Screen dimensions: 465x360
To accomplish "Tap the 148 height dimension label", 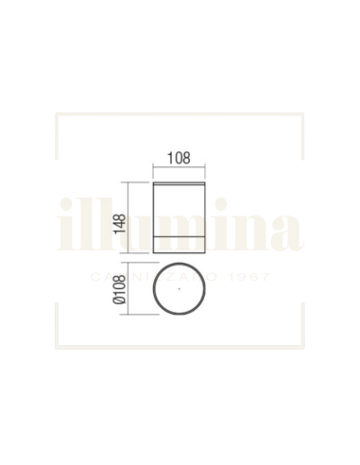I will (120, 224).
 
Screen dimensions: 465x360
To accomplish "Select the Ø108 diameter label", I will (120, 296).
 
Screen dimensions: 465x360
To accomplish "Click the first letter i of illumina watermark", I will (65, 227).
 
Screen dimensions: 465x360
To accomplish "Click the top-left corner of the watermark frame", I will (58, 114).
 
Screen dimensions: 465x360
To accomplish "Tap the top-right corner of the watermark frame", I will (303, 114).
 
